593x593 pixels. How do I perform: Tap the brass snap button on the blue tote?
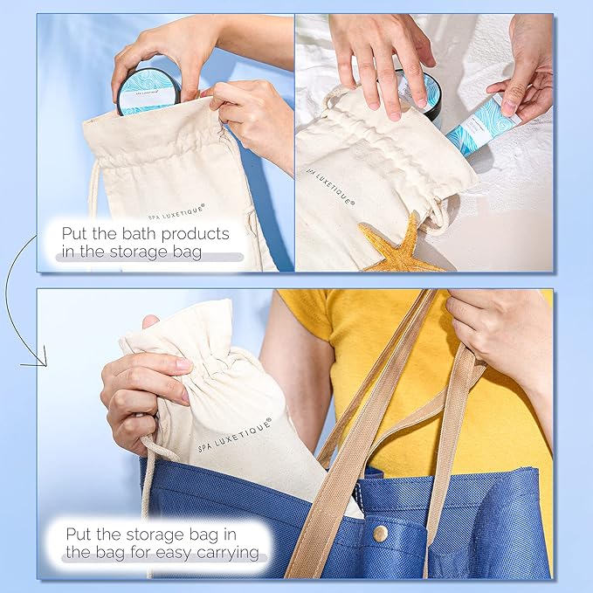(x=380, y=534)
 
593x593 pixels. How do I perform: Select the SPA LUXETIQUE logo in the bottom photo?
(x=235, y=436)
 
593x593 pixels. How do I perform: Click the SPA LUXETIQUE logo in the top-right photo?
(x=330, y=187)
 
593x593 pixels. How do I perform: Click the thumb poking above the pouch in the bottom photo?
(x=150, y=321)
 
